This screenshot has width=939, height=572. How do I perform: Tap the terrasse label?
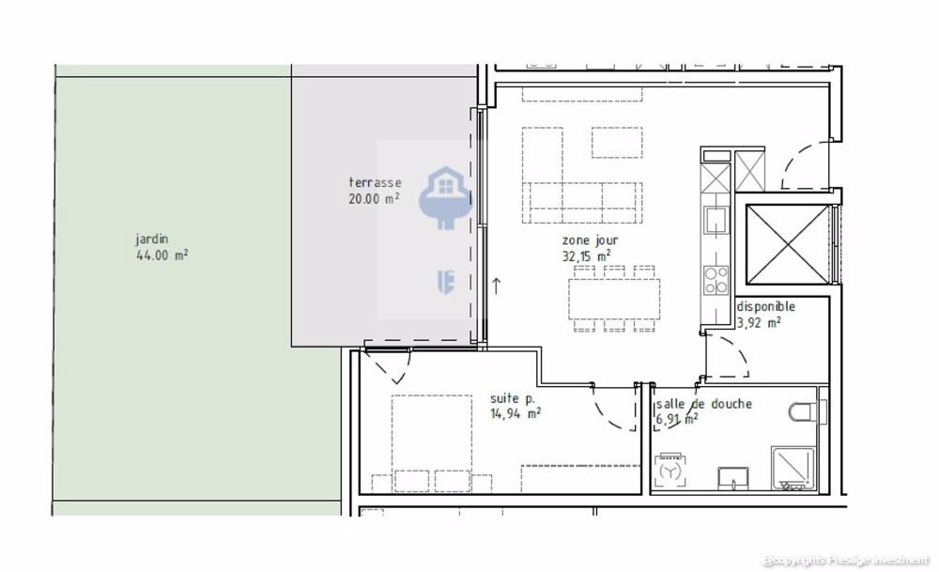[x=375, y=182]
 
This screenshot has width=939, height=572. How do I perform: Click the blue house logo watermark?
[x=440, y=199]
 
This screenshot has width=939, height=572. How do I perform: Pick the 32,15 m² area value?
[x=587, y=255]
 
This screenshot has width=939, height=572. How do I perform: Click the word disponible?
[x=765, y=306]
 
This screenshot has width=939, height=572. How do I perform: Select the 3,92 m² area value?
[x=760, y=321]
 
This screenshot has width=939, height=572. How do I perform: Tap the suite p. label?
[x=512, y=397]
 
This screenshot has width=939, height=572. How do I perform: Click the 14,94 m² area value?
[x=515, y=412]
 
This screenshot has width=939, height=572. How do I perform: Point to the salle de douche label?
[x=703, y=404]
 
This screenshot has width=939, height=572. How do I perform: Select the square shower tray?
[x=793, y=468]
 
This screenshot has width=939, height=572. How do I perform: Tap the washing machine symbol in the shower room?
[x=671, y=470]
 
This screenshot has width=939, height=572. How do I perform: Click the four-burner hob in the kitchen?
[x=716, y=280]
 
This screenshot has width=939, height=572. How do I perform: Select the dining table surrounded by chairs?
[x=614, y=296]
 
